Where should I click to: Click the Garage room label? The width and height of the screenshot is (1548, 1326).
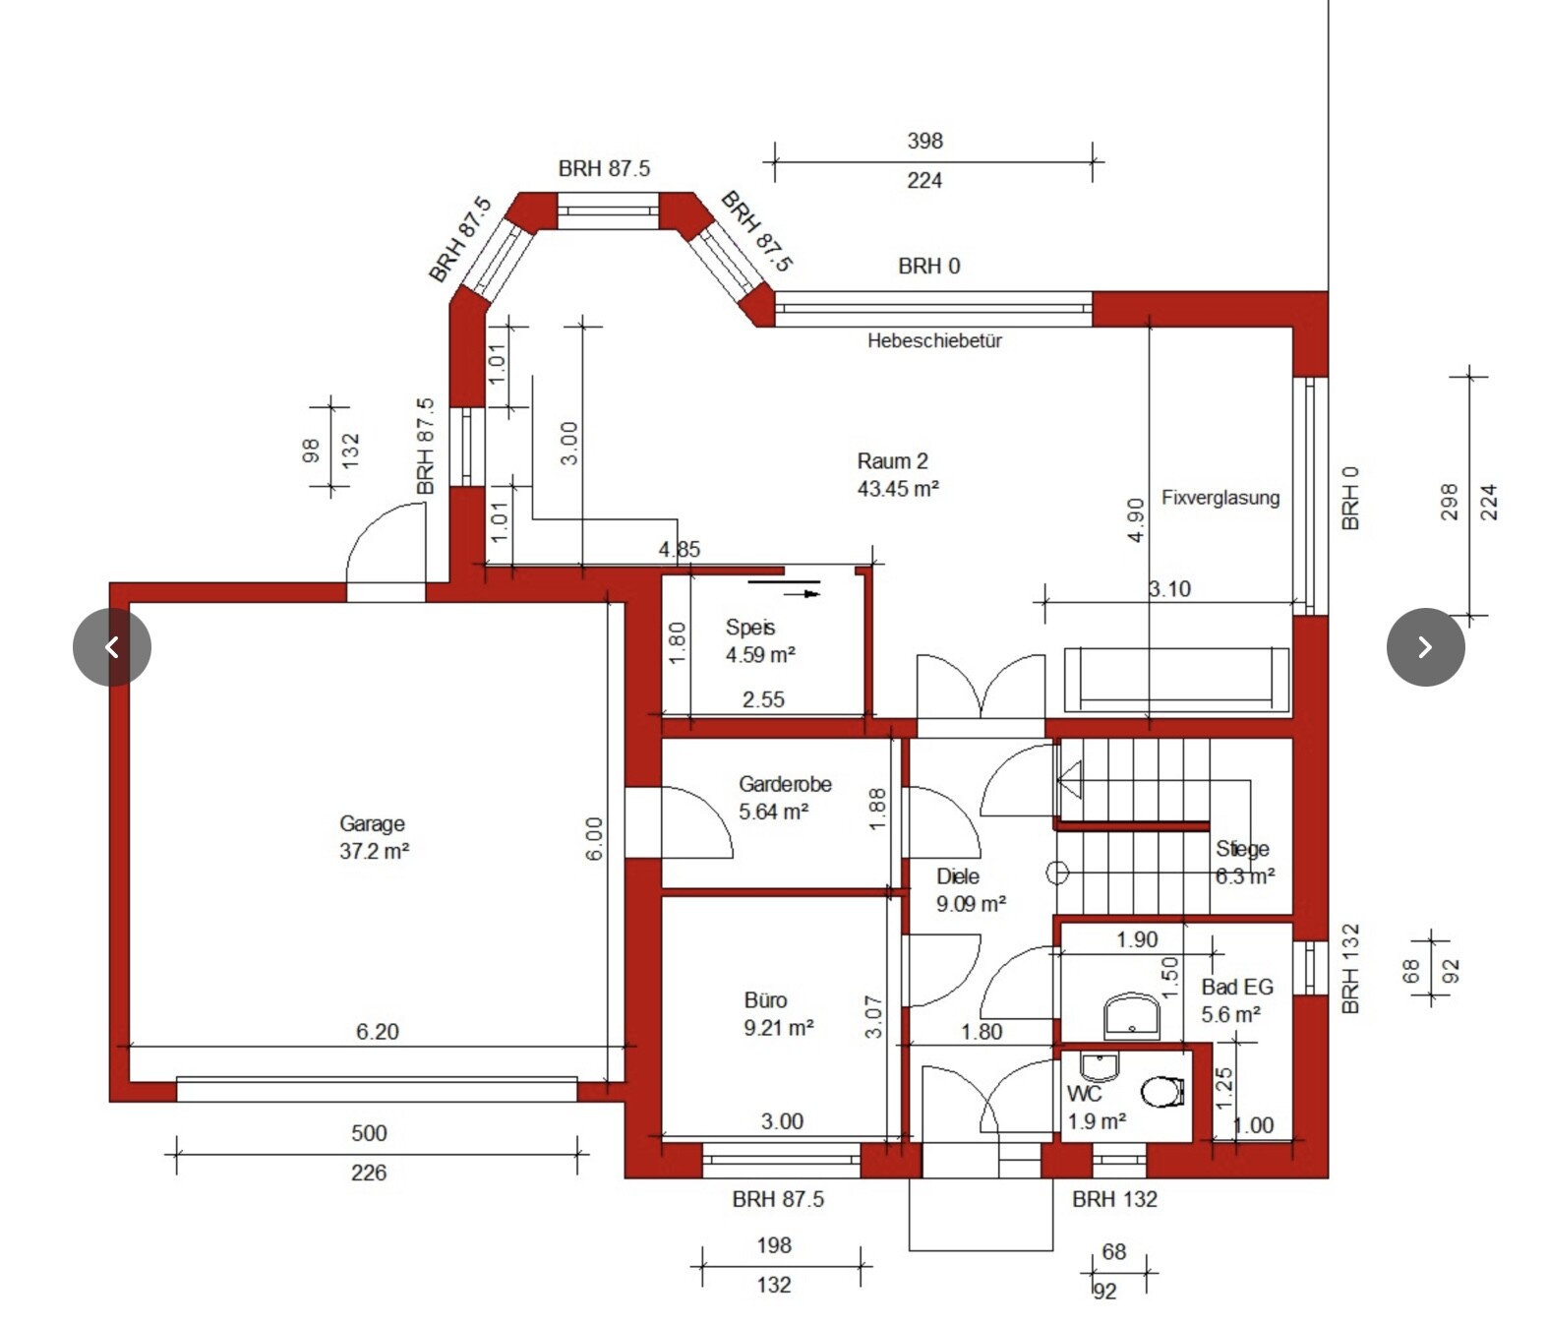pos(373,837)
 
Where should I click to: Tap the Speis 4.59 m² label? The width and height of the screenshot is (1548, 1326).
pos(758,640)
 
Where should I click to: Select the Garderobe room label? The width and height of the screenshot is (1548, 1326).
pos(784,798)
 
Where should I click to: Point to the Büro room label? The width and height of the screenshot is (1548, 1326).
pos(777,1013)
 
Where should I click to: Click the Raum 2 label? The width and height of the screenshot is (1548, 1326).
pos(896,474)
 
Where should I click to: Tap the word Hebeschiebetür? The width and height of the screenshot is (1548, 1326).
pos(933,341)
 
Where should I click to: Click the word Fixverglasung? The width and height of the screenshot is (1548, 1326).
pos(1220,498)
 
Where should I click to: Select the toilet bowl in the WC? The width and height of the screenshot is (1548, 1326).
pos(1161,1091)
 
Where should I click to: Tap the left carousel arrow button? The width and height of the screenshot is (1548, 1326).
pos(112,646)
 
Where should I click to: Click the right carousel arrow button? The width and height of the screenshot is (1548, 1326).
pos(1425,646)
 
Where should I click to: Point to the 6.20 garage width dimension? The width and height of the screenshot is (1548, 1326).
pos(378,1032)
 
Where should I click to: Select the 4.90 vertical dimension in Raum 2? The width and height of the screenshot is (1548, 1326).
pos(1135,519)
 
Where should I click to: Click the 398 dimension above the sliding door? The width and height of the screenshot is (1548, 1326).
pos(924,141)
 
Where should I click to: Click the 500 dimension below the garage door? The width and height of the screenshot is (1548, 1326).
pos(369,1133)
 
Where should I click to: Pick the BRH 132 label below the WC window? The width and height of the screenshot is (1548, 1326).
pos(1113,1199)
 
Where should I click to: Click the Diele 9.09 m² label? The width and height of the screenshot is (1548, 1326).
pos(969,889)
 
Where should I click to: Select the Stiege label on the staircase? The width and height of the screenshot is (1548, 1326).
pos(1242,849)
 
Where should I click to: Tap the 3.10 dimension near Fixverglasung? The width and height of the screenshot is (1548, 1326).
pos(1169,589)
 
